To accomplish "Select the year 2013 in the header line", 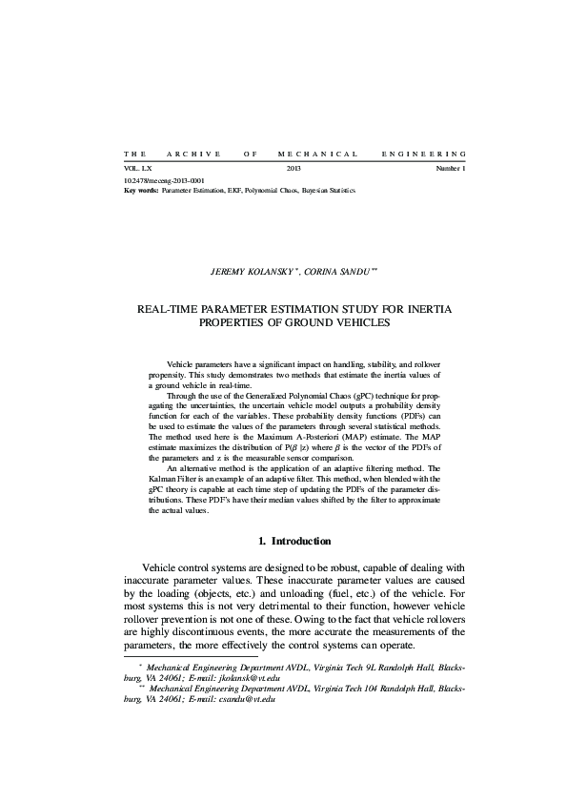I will [x=294, y=168].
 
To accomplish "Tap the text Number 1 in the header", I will [x=451, y=168].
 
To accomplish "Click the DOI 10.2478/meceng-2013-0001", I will [x=164, y=180].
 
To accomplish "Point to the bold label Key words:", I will [x=142, y=189].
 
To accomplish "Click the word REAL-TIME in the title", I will [x=172, y=310].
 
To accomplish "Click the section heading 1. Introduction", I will [x=294, y=542].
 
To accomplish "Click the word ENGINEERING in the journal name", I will [x=423, y=154].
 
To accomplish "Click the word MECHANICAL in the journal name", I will [x=317, y=154].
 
